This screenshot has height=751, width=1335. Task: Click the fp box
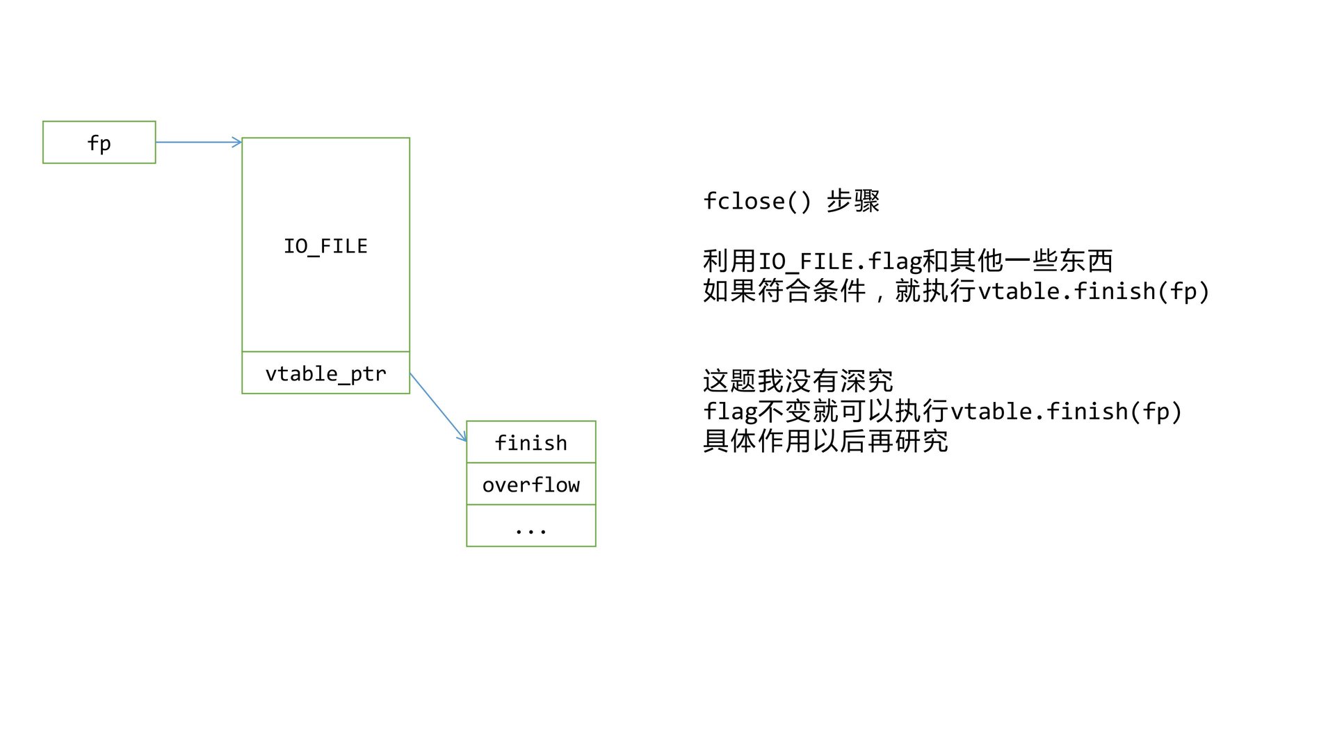tap(99, 143)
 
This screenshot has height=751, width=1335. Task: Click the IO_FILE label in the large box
tap(325, 246)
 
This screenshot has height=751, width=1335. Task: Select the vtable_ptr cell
tap(325, 373)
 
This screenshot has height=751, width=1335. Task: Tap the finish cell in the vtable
tap(531, 442)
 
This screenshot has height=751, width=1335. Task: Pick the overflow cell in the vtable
tap(531, 484)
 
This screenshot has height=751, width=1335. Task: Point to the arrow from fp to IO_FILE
tap(198, 143)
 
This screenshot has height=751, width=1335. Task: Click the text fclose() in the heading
tap(756, 201)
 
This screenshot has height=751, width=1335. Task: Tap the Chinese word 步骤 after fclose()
tap(853, 201)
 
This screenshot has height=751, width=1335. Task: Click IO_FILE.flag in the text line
tap(839, 261)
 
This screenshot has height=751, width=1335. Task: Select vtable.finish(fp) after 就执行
tap(1094, 291)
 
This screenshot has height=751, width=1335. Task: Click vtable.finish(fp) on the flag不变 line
tap(1066, 412)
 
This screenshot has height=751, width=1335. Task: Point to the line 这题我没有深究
tap(798, 381)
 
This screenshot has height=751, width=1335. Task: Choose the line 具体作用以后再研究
tap(825, 442)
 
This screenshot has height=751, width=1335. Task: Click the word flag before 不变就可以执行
tap(729, 412)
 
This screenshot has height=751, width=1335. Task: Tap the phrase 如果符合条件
tap(784, 291)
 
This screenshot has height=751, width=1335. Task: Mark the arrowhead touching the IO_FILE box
tap(238, 143)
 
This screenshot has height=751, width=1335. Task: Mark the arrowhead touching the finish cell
tap(463, 438)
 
